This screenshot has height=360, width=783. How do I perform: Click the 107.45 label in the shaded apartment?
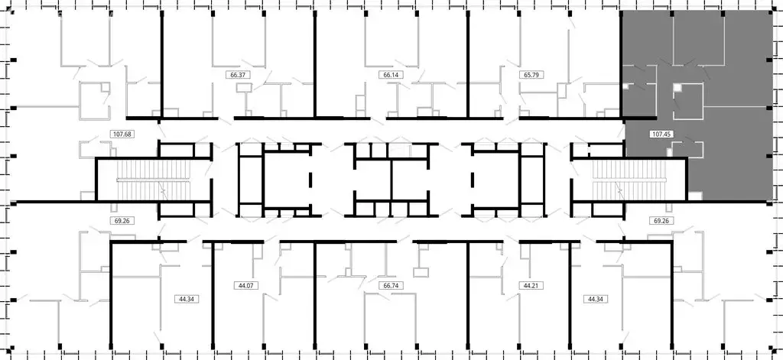tap(660, 134)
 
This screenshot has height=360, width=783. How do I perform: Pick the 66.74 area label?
tap(391, 285)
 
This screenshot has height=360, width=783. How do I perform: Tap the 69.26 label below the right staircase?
tap(661, 220)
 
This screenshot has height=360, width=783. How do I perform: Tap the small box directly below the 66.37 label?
tap(245, 88)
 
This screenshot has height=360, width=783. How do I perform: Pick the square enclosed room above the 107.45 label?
tap(687, 102)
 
